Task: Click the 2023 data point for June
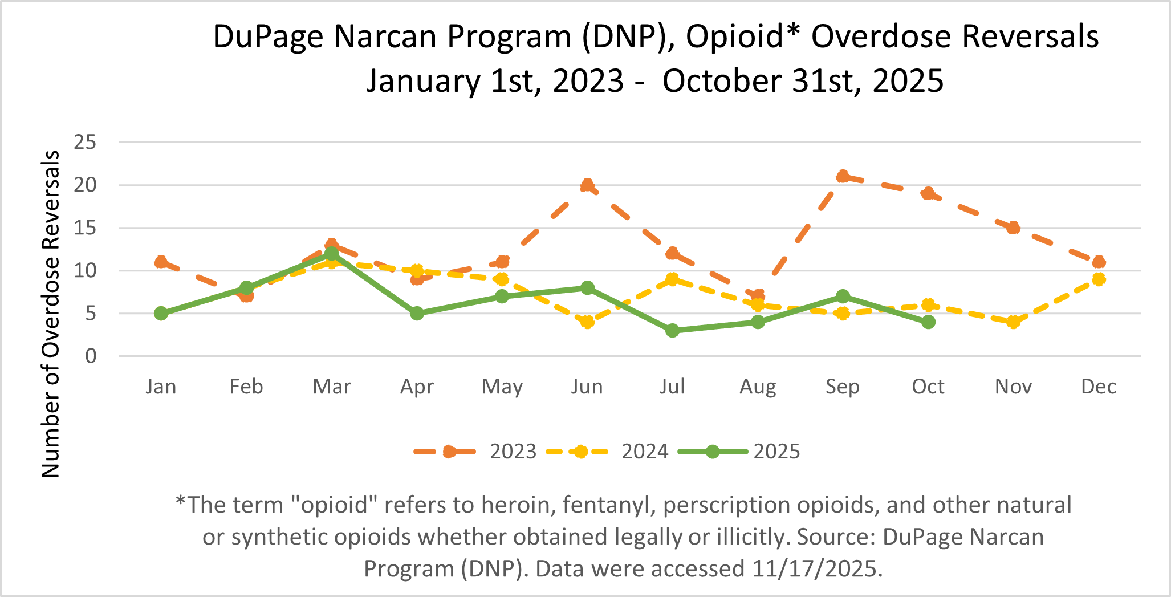click(x=587, y=185)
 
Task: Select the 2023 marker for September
click(x=843, y=177)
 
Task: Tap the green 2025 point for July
click(x=673, y=331)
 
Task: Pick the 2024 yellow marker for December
click(x=1099, y=279)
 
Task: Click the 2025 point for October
click(x=928, y=322)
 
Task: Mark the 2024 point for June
click(x=587, y=322)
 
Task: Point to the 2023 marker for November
click(x=1013, y=228)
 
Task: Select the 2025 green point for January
click(x=161, y=314)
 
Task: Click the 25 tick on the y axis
click(x=85, y=143)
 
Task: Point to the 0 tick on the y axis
click(x=91, y=356)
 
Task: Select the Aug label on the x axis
click(x=758, y=387)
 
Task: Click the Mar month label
click(x=332, y=387)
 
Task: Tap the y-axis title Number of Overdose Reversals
click(x=51, y=314)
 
